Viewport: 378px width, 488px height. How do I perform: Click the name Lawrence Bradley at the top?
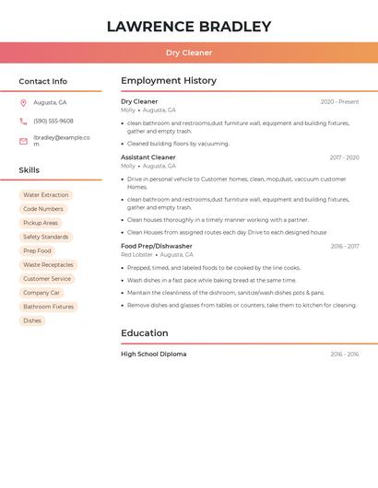coord(189,27)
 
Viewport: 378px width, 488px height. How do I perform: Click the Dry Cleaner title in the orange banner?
coord(189,53)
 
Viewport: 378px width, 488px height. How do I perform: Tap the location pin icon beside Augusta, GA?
coord(23,103)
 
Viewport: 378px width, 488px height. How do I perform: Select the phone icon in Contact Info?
coord(23,121)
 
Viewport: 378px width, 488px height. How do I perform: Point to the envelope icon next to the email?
coord(23,141)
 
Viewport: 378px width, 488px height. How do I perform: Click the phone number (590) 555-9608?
coord(53,121)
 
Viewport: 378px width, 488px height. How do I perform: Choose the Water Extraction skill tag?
coord(45,195)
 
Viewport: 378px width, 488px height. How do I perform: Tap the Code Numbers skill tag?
coord(42,209)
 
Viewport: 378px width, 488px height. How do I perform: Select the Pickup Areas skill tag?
coord(41,223)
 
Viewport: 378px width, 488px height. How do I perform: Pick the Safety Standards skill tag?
coord(45,237)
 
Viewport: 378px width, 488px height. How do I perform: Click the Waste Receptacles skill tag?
coord(48,265)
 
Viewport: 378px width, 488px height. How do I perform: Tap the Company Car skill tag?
coord(41,293)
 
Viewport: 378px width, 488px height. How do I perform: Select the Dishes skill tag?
coord(32,320)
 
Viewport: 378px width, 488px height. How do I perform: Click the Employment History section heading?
coord(169,81)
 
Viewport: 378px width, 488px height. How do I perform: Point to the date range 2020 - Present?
coord(339,102)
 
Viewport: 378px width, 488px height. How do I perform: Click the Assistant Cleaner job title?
coord(148,157)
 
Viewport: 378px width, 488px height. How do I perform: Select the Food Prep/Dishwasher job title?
coord(156,246)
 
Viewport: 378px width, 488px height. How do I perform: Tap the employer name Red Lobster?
coord(136,255)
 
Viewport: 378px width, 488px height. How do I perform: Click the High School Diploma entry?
coord(153,354)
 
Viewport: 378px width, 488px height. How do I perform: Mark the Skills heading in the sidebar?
coord(30,170)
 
